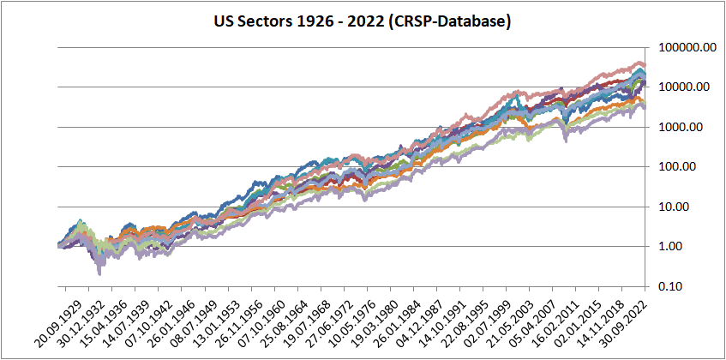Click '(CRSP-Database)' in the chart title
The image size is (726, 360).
click(x=449, y=20)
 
